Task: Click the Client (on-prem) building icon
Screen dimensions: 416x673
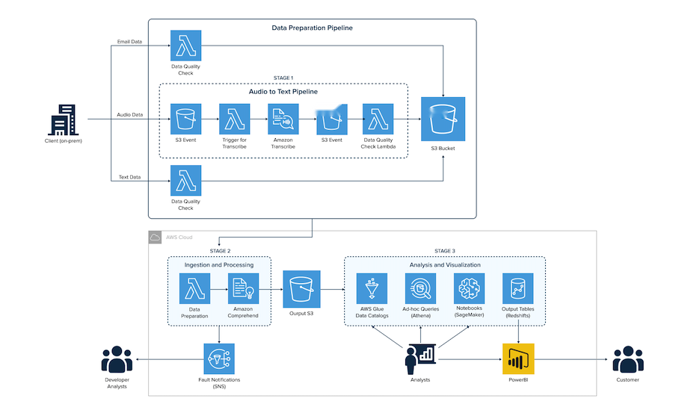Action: click(62, 119)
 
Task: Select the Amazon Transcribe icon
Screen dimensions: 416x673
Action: click(283, 119)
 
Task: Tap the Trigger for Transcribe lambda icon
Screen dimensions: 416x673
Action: click(233, 119)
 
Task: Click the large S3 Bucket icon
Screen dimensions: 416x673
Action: click(443, 119)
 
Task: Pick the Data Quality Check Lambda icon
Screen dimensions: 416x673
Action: click(378, 119)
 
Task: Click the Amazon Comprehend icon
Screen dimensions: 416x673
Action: click(243, 288)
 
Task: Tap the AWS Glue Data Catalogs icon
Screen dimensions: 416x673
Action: click(372, 288)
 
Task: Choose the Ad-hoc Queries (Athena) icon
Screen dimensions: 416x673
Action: click(420, 288)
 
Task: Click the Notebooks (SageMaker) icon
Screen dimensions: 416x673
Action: click(470, 288)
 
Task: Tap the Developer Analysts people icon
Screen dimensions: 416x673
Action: click(116, 359)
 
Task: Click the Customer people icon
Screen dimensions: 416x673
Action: click(627, 359)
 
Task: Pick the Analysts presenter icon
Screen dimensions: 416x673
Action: click(419, 359)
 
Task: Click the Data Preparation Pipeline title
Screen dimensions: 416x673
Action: click(312, 28)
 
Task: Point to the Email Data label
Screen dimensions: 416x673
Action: click(130, 41)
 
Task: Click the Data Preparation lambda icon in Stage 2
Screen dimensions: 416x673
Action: click(194, 288)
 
